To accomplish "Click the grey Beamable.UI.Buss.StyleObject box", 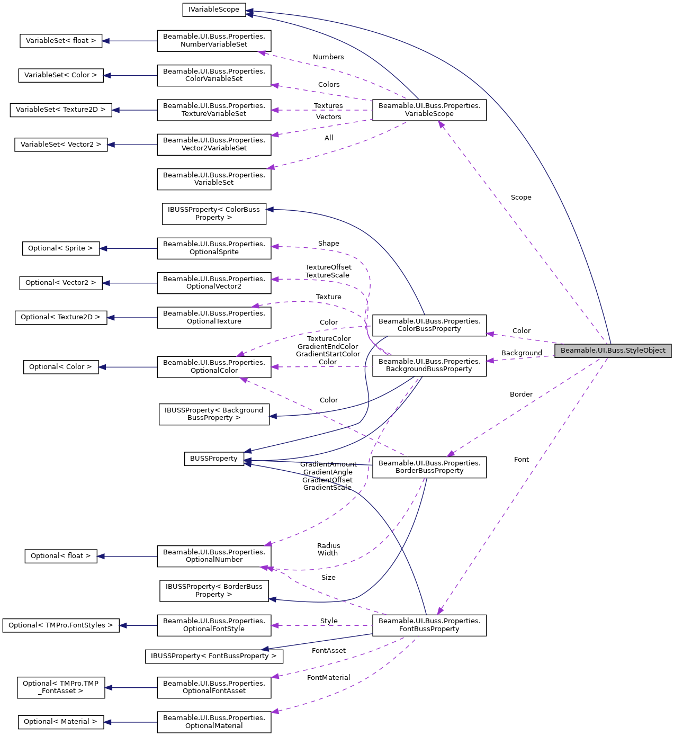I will pos(613,351).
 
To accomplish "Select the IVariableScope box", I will pos(214,10).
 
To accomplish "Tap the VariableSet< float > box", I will pos(61,41).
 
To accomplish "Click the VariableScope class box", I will pos(429,110).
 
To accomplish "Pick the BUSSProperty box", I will pos(214,459).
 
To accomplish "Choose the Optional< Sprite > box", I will pos(60,248).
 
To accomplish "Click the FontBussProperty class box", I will pos(429,625).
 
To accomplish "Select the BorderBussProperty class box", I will pos(429,467).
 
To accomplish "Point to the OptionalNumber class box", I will pos(214,556).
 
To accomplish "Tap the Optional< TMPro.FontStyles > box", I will pos(60,625).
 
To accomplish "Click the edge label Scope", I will pos(521,198).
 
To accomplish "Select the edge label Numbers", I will pos(328,57).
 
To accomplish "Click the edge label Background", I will pos(522,353).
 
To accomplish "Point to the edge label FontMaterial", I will pos(328,678).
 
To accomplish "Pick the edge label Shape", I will pos(328,244).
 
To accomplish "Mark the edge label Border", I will pos(521,394).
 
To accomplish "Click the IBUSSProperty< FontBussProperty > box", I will pos(214,656).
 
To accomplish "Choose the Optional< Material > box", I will pos(60,722).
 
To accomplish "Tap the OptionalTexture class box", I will pos(214,317).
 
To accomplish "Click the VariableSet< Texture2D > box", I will pos(61,110).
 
